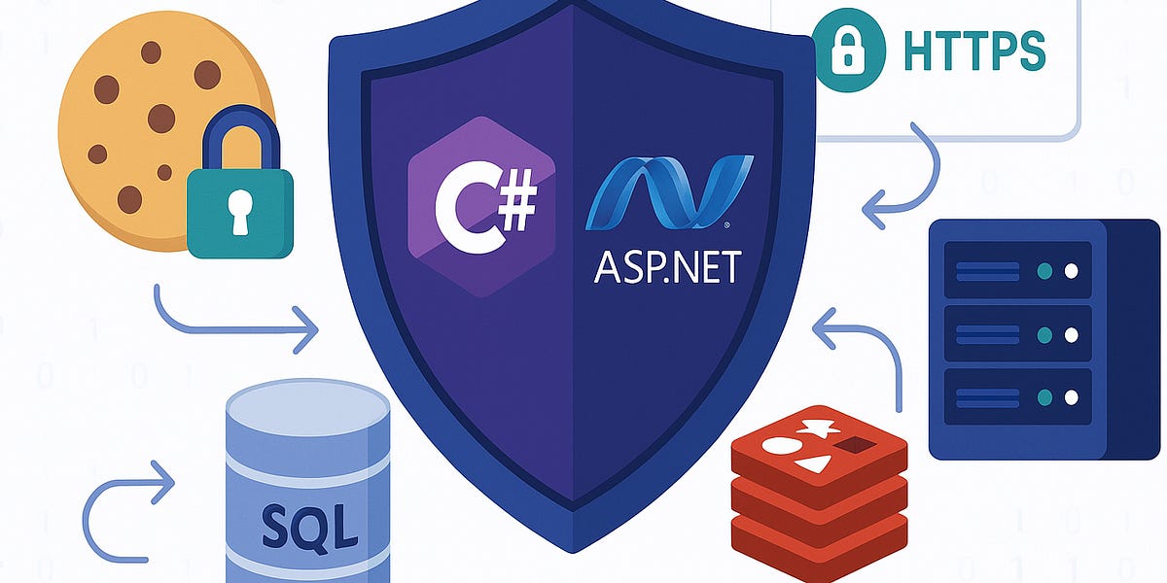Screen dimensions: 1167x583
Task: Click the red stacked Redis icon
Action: tap(819, 486)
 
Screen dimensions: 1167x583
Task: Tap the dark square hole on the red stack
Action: tap(856, 445)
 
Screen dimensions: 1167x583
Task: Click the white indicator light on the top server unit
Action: tap(1071, 271)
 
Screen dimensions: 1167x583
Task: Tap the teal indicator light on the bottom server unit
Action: tap(1044, 397)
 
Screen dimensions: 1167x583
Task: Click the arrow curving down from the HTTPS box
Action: tap(909, 180)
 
